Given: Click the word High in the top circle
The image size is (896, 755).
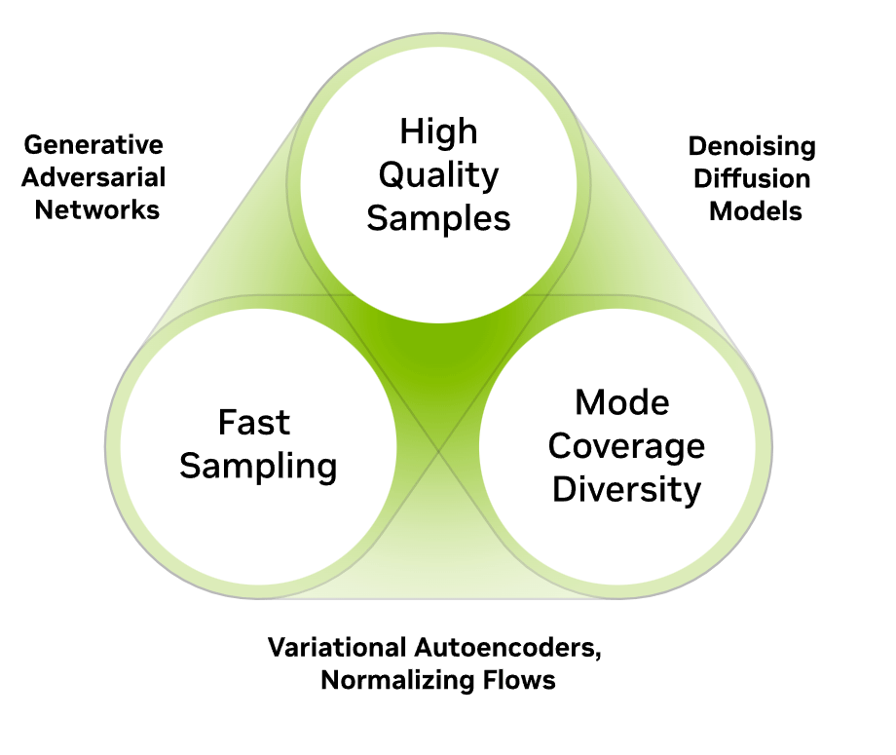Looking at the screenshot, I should click(438, 132).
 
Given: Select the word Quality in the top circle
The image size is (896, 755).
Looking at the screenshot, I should click(438, 176).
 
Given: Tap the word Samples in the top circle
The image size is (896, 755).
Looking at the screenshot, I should click(438, 219).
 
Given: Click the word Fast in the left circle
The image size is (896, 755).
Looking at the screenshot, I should click(253, 423).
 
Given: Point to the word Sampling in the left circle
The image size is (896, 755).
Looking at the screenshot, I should click(258, 467).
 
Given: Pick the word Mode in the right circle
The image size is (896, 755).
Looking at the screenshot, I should click(622, 401).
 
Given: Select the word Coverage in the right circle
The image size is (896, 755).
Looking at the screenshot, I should click(626, 445).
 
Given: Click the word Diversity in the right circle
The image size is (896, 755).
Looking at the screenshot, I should click(626, 488).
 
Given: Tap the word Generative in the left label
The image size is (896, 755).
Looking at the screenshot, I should click(93, 145).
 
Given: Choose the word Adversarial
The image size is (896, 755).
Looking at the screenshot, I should click(93, 178).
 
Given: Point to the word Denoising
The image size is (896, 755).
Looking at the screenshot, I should click(752, 147).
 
